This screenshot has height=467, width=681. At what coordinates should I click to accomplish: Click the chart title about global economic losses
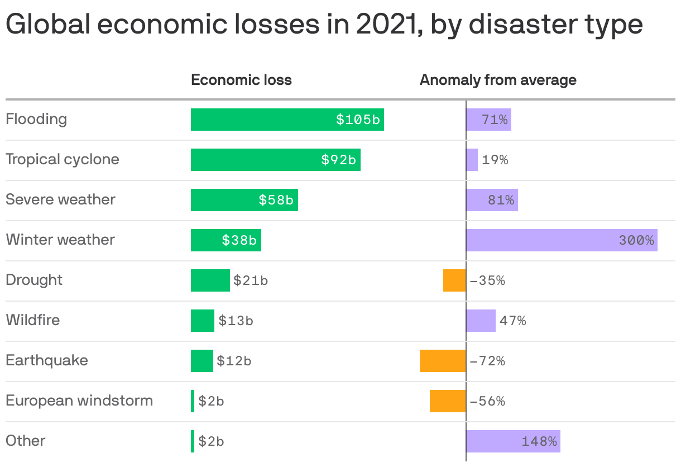click(x=324, y=25)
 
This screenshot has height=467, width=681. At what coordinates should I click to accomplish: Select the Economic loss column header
click(x=241, y=80)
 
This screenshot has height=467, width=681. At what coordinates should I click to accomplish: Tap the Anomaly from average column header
click(x=498, y=80)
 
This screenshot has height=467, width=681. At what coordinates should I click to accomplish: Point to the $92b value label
click(x=338, y=160)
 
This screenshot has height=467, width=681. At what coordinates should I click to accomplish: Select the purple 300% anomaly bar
click(x=561, y=240)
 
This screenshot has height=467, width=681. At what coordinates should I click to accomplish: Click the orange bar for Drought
click(x=454, y=280)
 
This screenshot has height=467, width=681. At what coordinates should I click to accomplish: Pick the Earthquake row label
click(x=47, y=360)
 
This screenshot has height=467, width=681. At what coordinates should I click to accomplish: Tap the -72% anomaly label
click(x=487, y=361)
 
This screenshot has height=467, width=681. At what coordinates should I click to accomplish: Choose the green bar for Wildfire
click(x=203, y=321)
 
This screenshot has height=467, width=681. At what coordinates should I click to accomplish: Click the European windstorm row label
click(x=79, y=401)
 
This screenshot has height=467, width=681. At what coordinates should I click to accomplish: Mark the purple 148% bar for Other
click(x=512, y=441)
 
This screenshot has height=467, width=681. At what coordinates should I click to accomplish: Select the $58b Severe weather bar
click(x=244, y=200)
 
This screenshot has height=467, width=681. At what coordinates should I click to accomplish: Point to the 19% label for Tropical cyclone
click(x=495, y=160)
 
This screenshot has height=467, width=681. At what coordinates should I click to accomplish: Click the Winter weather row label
click(x=60, y=240)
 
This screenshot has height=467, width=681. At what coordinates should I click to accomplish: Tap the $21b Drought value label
click(x=251, y=280)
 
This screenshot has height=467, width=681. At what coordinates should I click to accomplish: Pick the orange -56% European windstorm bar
click(x=448, y=401)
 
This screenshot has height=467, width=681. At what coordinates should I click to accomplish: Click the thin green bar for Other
click(x=193, y=441)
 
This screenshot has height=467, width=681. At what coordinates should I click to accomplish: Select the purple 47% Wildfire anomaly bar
click(x=481, y=321)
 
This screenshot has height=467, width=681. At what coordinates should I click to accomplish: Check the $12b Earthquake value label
click(x=234, y=361)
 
